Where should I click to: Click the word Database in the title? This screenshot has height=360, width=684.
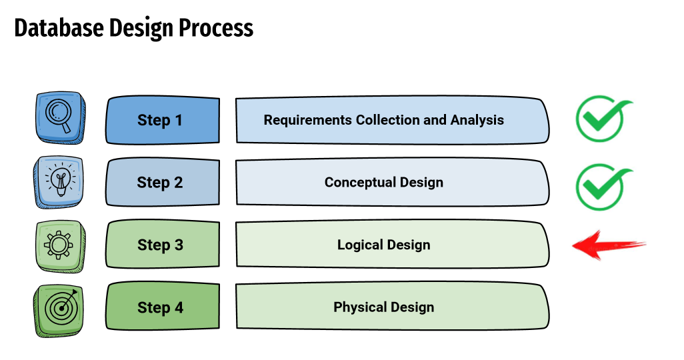(59, 28)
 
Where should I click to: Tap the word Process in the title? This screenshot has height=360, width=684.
(216, 28)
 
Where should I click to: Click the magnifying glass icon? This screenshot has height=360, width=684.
(60, 117)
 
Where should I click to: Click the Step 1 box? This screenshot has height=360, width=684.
(162, 120)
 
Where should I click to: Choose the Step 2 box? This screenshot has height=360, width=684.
(162, 182)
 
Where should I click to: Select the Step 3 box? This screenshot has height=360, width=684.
(162, 245)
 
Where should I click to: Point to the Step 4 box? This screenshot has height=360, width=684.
(162, 307)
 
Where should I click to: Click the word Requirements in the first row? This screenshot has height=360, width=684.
(307, 120)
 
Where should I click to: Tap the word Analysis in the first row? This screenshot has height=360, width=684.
(477, 119)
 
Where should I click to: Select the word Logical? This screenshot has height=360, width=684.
(360, 245)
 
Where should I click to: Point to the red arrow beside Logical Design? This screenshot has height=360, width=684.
(609, 245)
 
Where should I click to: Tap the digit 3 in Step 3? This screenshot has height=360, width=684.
(179, 245)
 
